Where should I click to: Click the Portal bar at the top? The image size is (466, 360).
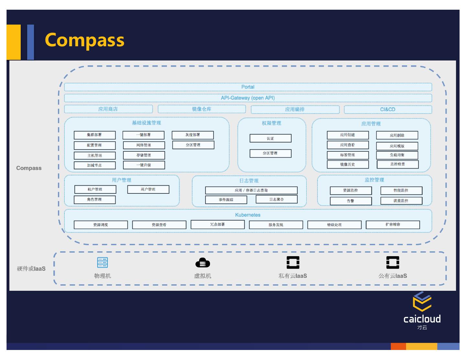(248, 87)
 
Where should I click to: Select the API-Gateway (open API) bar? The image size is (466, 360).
(248, 98)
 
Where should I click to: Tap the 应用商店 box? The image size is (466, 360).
(108, 109)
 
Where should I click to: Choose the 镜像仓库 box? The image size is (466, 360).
(202, 109)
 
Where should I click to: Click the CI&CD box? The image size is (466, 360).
(388, 110)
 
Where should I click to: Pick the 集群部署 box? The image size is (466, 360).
(94, 135)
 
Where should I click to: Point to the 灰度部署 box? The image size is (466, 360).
(193, 135)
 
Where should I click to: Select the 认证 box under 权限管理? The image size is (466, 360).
(270, 138)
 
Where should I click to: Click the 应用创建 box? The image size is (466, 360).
(348, 135)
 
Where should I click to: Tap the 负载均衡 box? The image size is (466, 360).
(397, 155)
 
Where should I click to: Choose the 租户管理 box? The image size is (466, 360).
(95, 189)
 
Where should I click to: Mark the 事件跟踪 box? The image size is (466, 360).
(226, 200)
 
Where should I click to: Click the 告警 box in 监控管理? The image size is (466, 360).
(350, 201)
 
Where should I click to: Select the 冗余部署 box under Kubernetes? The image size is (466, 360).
(217, 224)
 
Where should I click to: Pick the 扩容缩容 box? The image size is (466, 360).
(393, 224)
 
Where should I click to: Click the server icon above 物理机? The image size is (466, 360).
(103, 262)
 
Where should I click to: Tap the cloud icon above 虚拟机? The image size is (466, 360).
(203, 263)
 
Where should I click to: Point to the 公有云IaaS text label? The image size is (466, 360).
(393, 276)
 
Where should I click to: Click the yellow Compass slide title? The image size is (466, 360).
(84, 40)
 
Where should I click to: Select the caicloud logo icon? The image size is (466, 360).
(422, 301)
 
